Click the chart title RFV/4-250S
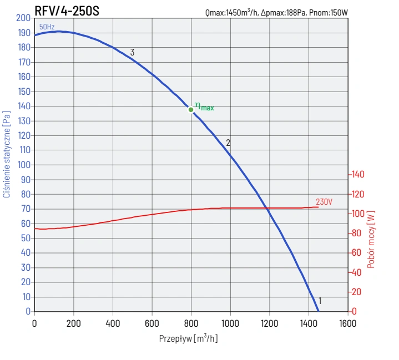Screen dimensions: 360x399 tap(67, 10)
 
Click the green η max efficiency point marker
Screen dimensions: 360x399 tap(191, 109)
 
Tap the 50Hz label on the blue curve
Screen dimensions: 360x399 tap(47, 27)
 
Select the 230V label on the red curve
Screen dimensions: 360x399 tap(324, 201)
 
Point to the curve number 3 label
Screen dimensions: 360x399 tap(132, 53)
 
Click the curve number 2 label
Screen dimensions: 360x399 tap(228, 143)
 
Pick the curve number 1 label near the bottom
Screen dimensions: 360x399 tap(320, 301)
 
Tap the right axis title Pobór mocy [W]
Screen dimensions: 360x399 tap(371, 239)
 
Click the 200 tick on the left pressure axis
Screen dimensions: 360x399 tap(23, 18)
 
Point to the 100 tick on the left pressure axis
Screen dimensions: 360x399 tap(23, 165)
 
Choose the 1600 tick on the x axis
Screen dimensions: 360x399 tap(347, 323)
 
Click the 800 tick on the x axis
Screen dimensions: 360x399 tap(191, 323)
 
